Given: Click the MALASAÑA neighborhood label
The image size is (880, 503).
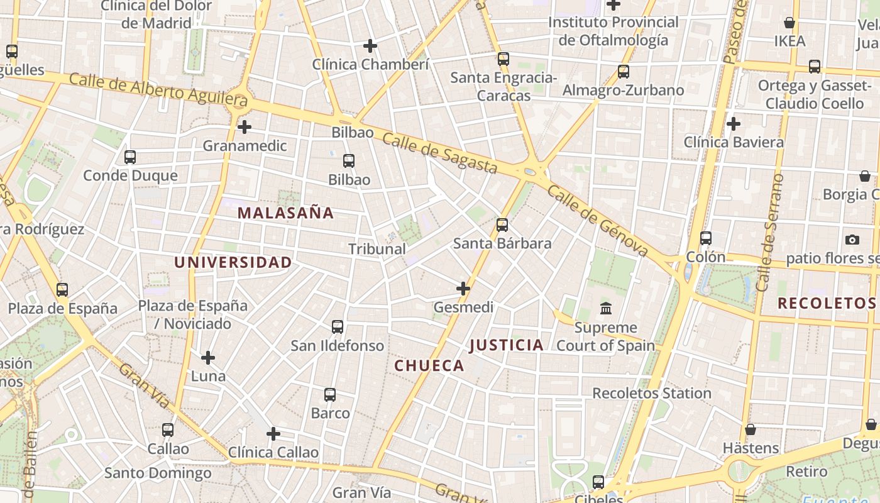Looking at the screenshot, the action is coord(285,213).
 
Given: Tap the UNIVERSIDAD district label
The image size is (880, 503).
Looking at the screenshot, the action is coord(233,262).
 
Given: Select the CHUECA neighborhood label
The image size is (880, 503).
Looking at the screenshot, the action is coord(429,365).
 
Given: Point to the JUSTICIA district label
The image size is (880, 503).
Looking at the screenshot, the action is coord(507,345).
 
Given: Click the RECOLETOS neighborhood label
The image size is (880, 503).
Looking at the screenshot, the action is coord(827,303).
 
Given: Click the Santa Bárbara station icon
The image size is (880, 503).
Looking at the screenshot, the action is coord(502,224).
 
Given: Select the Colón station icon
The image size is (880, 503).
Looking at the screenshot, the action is coord(706,238).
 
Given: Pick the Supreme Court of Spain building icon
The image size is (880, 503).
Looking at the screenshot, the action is coord(606,309).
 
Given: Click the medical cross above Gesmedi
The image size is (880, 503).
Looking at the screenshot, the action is coord(463,289).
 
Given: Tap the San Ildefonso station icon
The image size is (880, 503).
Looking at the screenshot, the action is coord(338,327).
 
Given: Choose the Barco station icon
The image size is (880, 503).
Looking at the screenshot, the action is coord(330,395).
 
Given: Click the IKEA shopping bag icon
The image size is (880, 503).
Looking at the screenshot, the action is coord(789,23).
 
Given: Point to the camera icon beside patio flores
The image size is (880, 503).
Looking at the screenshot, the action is coord(852,240).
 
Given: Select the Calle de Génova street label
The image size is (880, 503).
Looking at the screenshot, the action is coord(597,221).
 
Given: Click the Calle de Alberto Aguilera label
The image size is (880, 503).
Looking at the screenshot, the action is coord(158,90).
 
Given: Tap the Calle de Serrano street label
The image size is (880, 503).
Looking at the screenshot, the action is coord(771,233).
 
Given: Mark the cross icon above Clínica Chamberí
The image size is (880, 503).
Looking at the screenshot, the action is coord(370,46).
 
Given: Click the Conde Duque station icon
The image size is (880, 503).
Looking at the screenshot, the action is coord(130,157).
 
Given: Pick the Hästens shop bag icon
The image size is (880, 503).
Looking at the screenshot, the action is coord(751,429).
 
